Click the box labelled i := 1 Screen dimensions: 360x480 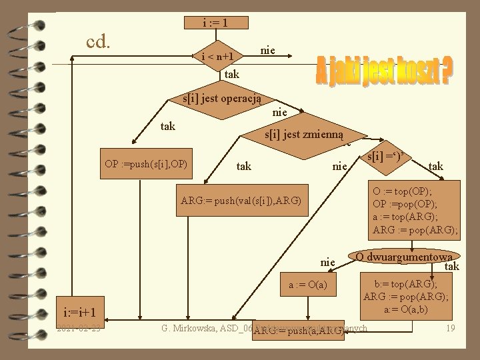tap(216, 23)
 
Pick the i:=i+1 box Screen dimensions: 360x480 tap(80, 313)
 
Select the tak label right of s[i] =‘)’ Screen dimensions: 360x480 tap(436, 165)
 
